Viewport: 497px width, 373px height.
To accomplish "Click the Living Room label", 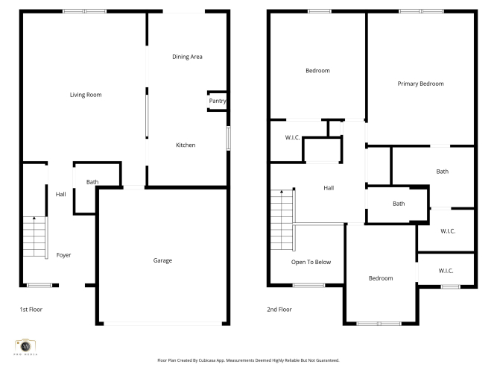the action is pos(86,95).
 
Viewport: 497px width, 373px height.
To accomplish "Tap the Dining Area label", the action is pos(187,57).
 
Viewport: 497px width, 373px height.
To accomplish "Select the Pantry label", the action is pos(218,101).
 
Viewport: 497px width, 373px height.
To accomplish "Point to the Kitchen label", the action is pos(186,145).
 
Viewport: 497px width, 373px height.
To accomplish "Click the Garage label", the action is pos(162,260).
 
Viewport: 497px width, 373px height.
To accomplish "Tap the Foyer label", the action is pos(63,255).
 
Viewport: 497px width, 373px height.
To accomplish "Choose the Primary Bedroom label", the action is pos(420,84).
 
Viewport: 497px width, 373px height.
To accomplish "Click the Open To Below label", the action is pos(311,262).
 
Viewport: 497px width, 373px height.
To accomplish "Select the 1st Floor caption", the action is pos(31,310).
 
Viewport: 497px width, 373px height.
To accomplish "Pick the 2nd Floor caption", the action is pos(279,310).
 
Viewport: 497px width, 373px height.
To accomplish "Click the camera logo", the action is pos(25,346).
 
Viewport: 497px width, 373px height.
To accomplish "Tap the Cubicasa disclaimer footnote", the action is pos(248,360).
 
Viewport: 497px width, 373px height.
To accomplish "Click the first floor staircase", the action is pos(35,236).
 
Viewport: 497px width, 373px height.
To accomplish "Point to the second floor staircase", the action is pos(282,220).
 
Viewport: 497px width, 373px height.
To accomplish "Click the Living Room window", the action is pos(84,11).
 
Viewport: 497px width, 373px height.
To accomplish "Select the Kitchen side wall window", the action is pos(228,138).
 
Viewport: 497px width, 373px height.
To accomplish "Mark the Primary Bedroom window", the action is pos(421,11).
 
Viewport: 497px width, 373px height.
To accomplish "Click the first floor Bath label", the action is pos(92,182).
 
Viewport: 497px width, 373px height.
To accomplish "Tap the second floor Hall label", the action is pos(329,188).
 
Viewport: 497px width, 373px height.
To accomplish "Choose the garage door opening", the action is pos(163,324).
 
